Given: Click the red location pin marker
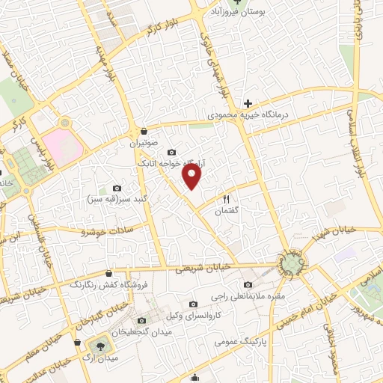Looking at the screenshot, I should [x=192, y=176].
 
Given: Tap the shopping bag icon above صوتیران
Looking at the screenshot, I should [x=142, y=130].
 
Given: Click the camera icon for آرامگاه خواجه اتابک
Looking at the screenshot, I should [x=171, y=153].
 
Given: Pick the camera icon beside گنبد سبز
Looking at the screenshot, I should [x=116, y=187].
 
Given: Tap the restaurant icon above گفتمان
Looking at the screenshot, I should [x=225, y=200].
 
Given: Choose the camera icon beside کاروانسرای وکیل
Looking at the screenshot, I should [x=194, y=304].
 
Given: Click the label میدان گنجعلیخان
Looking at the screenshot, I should [x=140, y=331].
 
